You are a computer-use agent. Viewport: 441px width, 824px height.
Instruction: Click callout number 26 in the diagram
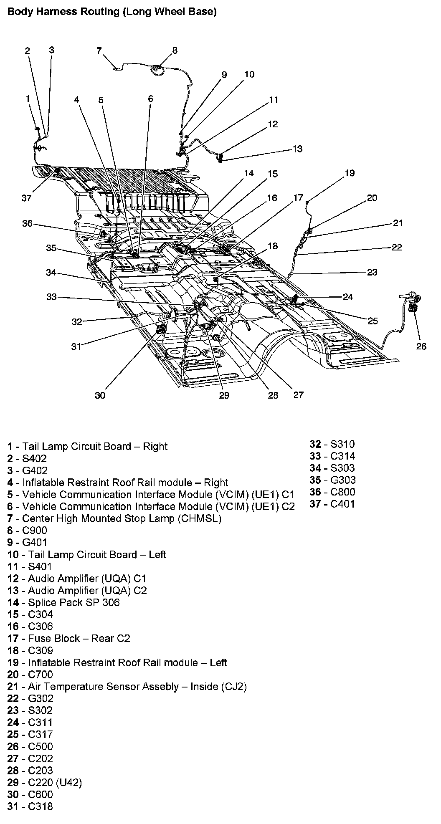[421, 346]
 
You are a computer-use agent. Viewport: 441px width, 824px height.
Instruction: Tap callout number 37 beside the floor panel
[26, 198]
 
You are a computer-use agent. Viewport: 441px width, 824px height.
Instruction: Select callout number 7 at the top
[99, 51]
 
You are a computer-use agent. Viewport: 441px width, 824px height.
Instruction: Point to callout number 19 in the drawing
[349, 173]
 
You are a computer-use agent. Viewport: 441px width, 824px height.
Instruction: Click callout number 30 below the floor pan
[100, 395]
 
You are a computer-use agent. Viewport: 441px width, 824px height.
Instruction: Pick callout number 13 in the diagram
[297, 149]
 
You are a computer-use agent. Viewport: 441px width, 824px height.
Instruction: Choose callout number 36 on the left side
[27, 224]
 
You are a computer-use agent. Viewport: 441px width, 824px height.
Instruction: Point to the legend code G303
[343, 480]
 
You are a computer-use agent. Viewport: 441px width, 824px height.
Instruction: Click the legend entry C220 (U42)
[55, 782]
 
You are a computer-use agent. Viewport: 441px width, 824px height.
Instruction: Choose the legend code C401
[342, 504]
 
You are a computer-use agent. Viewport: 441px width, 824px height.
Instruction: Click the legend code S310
[342, 444]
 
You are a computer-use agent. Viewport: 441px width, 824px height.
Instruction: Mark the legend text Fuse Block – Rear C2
[79, 638]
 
